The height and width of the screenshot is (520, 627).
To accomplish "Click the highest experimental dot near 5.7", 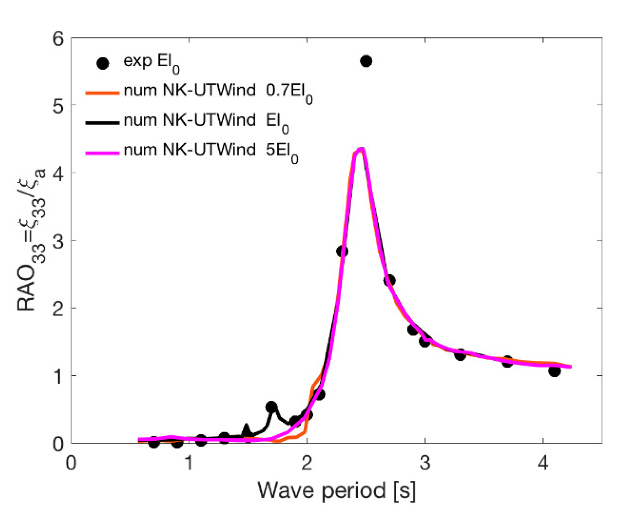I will (366, 61).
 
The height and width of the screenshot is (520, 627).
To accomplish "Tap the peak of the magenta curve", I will (361, 150).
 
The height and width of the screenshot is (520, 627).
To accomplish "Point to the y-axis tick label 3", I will (58, 241).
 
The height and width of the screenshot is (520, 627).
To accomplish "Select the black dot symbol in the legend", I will (102, 63).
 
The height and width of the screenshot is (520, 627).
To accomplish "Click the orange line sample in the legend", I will (102, 93).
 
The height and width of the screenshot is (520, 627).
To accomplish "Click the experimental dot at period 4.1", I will (554, 371).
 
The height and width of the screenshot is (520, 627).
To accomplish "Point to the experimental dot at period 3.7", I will (507, 361).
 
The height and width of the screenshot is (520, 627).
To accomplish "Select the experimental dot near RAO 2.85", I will (342, 251).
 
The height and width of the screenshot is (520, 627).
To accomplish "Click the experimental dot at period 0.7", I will (154, 442).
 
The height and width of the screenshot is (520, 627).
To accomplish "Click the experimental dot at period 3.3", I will (460, 355).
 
